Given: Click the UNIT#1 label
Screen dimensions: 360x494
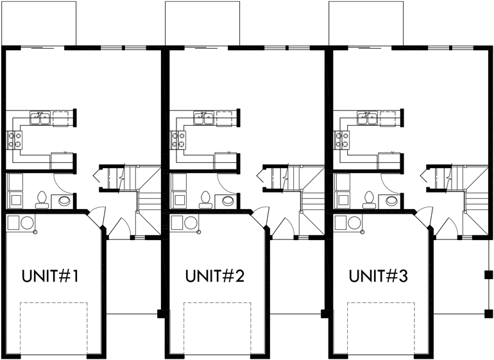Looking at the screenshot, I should tap(50, 277).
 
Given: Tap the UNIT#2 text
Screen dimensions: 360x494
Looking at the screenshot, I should tap(214, 277).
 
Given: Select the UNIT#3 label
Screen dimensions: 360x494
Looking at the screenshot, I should tap(378, 277).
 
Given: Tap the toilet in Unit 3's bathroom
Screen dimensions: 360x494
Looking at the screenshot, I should tap(368, 200).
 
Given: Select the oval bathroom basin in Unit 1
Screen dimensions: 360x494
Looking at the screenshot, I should tap(65, 200).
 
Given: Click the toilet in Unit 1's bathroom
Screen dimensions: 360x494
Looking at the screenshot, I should tap(41, 200).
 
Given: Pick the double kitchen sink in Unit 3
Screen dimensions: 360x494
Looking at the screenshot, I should tap(368, 117).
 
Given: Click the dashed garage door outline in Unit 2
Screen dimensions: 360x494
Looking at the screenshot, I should tap(215, 327).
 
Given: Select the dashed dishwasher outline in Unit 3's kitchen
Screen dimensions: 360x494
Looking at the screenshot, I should tap(389, 117).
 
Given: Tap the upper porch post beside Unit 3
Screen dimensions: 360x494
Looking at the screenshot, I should tap(488, 275).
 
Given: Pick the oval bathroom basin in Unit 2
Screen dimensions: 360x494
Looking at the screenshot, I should tap(229, 200).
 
